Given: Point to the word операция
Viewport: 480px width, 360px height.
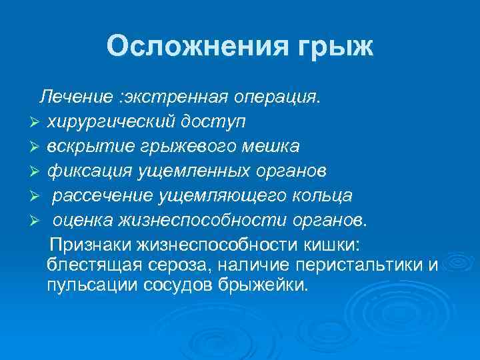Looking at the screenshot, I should pos(276,99).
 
